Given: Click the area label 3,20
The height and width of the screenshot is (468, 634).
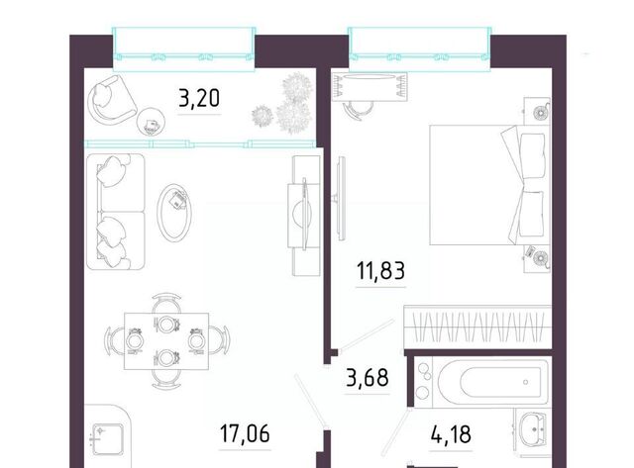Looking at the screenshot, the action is (x=199, y=99).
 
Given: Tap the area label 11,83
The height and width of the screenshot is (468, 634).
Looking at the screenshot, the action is (x=380, y=270).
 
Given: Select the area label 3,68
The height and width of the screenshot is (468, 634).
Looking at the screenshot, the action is (x=368, y=378).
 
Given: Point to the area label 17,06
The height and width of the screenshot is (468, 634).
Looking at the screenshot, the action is (x=245, y=433).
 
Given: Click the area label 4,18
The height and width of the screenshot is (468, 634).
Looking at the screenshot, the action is (x=451, y=434).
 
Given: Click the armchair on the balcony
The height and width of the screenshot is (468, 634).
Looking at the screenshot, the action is (x=110, y=100).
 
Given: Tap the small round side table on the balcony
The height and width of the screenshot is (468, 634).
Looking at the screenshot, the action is (x=151, y=122).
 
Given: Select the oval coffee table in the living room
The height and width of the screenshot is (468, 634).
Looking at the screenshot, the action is (x=174, y=213).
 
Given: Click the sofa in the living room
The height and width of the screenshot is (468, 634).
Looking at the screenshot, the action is (x=116, y=212).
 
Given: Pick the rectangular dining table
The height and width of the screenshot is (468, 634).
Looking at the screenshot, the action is (x=166, y=340).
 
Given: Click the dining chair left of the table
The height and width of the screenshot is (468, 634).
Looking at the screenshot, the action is (x=114, y=340).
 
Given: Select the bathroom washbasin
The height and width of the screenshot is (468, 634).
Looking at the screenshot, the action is (x=534, y=429).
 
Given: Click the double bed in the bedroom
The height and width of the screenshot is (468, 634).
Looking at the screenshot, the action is (x=489, y=185).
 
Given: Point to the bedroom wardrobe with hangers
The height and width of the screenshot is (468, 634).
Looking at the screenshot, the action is (x=477, y=327).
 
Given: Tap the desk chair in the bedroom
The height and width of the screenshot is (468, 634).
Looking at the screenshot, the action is (x=358, y=109).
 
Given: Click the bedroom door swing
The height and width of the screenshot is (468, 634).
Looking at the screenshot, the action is (x=367, y=334).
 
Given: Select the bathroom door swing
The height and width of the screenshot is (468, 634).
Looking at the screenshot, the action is (x=395, y=433).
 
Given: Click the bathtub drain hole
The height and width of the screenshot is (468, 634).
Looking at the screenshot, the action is (x=525, y=382).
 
